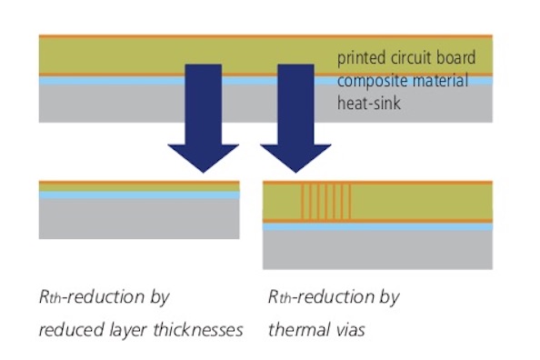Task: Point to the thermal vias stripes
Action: (x=325, y=201)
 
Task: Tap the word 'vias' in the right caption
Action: (x=348, y=329)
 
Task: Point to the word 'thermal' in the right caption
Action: (x=296, y=329)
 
